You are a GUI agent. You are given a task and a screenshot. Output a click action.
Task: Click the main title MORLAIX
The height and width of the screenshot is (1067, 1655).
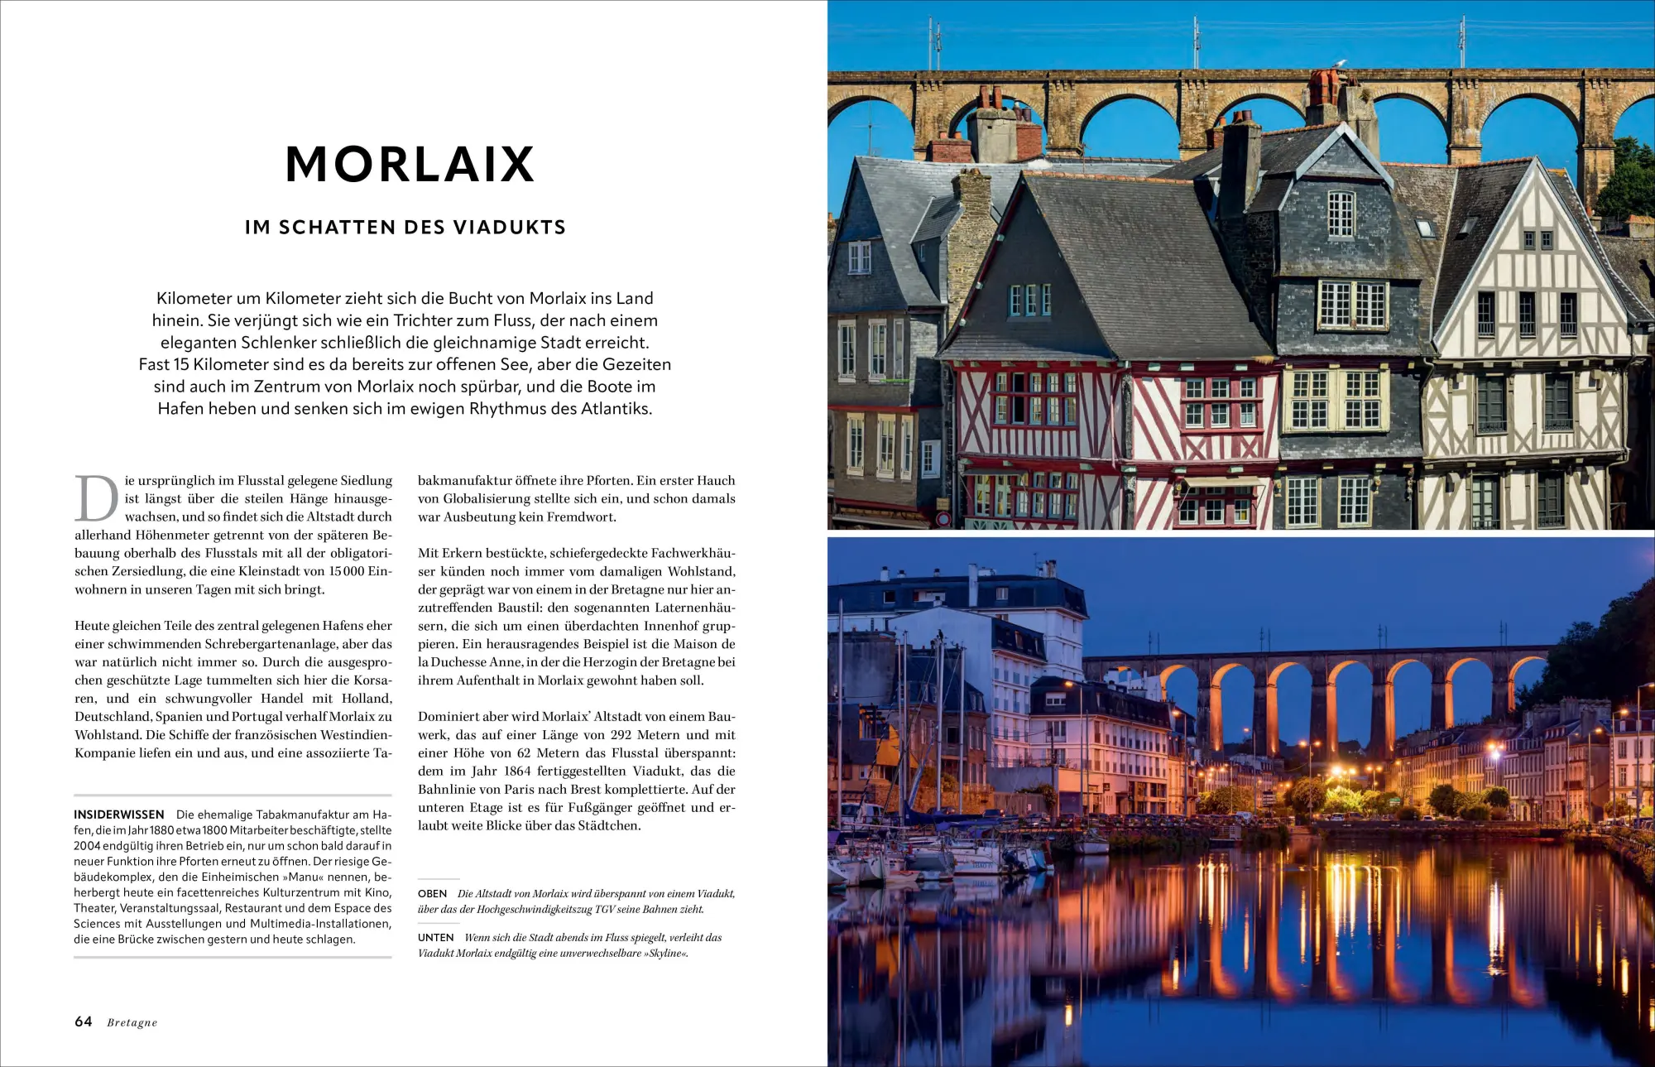click(410, 164)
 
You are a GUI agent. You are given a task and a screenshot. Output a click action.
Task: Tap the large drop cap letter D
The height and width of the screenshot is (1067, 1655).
click(97, 498)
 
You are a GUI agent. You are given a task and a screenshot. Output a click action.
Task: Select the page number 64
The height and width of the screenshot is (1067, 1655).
click(84, 1021)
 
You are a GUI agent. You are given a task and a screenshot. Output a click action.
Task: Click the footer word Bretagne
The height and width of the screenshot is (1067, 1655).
click(132, 1023)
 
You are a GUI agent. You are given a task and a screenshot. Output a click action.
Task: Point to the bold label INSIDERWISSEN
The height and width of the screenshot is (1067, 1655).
click(119, 815)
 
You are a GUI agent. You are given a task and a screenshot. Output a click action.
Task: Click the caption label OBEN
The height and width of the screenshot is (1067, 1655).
click(432, 894)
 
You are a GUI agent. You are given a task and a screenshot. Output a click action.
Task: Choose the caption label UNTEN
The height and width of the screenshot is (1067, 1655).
click(435, 938)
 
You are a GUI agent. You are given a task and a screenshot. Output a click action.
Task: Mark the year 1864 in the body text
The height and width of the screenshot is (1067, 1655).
click(518, 771)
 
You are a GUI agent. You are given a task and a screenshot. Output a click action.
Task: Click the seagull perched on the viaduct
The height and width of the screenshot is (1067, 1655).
click(1340, 64)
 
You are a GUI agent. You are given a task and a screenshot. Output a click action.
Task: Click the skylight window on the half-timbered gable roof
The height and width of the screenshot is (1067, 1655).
click(1425, 228)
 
